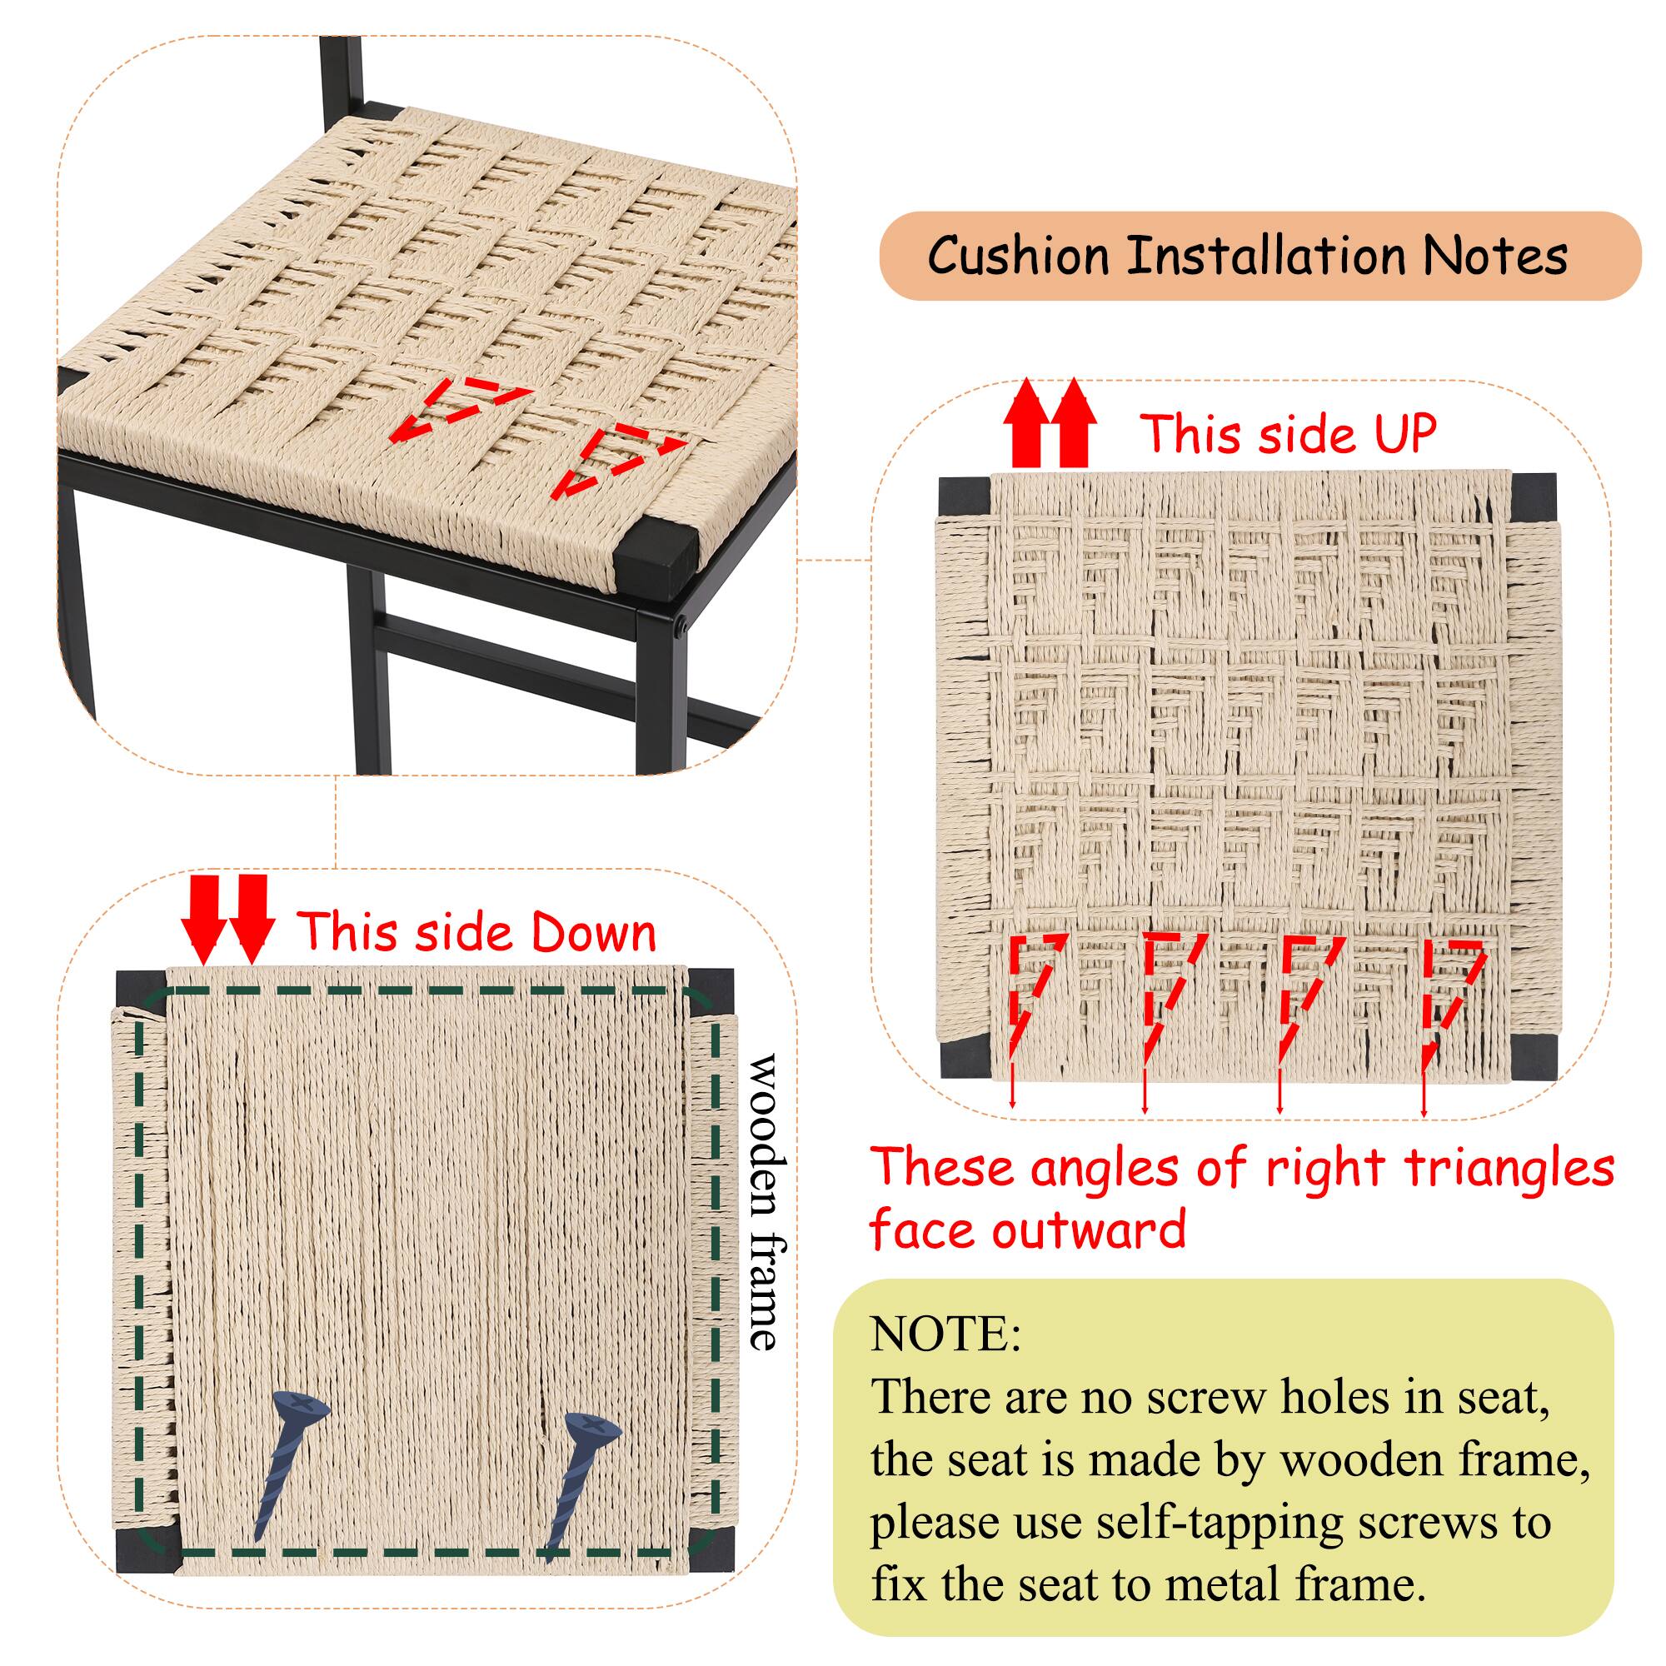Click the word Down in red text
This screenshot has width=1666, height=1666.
point(592,933)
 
